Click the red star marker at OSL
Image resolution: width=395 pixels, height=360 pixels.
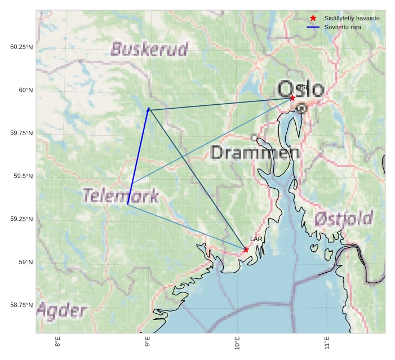pos(292,98)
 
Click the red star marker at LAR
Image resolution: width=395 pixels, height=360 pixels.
pos(246,250)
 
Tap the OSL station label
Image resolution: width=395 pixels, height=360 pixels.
pos(301,87)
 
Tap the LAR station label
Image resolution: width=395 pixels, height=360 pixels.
pos(256,239)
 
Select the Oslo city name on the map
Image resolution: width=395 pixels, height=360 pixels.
pos(301,89)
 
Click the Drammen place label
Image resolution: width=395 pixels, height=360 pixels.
pos(255,152)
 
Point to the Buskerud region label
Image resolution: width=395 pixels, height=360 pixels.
pos(149,49)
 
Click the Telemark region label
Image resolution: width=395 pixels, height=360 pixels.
pos(121,195)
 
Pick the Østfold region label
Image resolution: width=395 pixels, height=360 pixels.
pos(343,219)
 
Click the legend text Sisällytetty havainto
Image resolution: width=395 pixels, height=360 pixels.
pos(352,18)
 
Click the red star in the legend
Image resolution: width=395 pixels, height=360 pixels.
pos(313,18)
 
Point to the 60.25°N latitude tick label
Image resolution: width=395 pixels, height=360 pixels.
pos(21,47)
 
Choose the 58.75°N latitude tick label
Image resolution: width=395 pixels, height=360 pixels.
pos(21,305)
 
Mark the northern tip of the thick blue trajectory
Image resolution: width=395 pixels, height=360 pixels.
pos(148,108)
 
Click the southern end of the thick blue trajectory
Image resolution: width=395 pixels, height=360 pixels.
pos(128,205)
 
